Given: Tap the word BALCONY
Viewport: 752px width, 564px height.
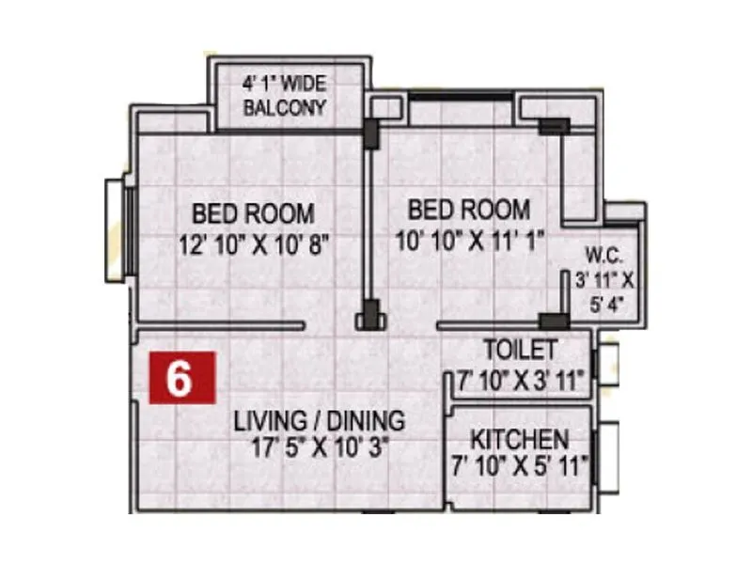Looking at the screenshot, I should coord(285,107).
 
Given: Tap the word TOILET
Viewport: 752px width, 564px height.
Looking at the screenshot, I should coord(520,350).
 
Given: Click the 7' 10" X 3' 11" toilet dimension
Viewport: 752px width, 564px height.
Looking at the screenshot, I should coord(520,380).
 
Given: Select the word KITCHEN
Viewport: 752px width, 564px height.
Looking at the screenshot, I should coord(520,439).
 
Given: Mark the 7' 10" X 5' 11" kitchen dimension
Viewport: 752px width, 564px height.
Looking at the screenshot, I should coord(520,464).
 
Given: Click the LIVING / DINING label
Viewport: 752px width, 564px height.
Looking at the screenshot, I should coord(320,420).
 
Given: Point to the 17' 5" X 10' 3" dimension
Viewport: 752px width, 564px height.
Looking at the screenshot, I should coord(320,447).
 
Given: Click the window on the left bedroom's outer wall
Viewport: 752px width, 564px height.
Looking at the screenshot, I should coord(116,230).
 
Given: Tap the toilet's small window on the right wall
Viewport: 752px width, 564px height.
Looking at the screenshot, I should coord(605,361).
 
